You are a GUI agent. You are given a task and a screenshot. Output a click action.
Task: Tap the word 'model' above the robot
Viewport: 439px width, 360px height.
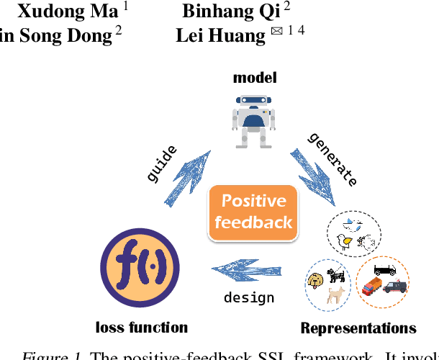(255, 78)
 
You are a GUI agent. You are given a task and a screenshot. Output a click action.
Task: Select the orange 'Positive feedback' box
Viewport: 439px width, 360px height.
(253, 212)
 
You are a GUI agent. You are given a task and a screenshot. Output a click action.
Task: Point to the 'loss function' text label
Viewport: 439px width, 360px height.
(142, 328)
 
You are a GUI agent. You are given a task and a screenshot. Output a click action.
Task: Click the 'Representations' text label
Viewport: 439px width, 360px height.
(358, 328)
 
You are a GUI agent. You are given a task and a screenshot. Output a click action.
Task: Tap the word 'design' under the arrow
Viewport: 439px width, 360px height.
(249, 297)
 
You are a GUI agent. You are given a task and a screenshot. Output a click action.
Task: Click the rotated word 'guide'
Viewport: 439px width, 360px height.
(161, 163)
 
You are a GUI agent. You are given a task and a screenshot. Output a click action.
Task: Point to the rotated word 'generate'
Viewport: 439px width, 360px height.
(332, 159)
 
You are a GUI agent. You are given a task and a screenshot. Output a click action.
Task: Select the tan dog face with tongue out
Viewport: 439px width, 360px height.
(316, 280)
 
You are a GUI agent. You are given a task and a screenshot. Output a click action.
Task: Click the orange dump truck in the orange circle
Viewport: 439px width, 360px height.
(372, 286)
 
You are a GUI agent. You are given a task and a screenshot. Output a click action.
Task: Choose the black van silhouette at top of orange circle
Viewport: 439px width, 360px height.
(384, 269)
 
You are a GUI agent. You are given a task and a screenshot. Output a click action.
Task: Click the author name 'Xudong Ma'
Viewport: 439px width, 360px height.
(68, 11)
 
